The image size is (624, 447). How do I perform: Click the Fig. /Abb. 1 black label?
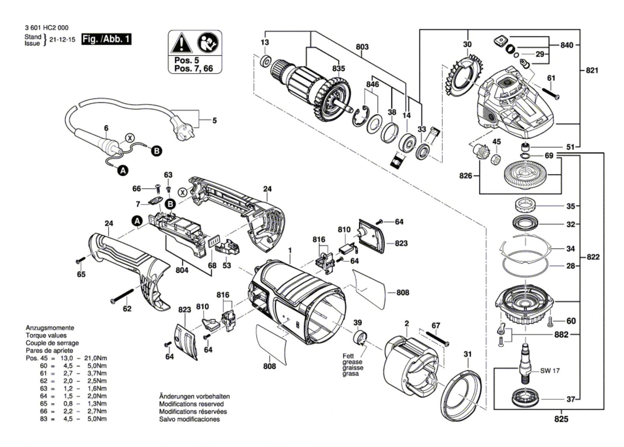[x=106, y=39]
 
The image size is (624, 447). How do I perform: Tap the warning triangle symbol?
[x=181, y=43]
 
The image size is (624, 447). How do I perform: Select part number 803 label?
[x=362, y=47]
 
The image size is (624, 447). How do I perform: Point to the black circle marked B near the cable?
[x=156, y=151]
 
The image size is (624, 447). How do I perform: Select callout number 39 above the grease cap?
[x=357, y=323]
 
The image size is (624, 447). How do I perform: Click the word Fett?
[x=348, y=356]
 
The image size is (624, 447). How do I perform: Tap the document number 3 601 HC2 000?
[x=46, y=28]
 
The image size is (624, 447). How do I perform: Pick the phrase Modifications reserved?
[x=191, y=404]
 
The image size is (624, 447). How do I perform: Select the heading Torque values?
[x=46, y=336]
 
